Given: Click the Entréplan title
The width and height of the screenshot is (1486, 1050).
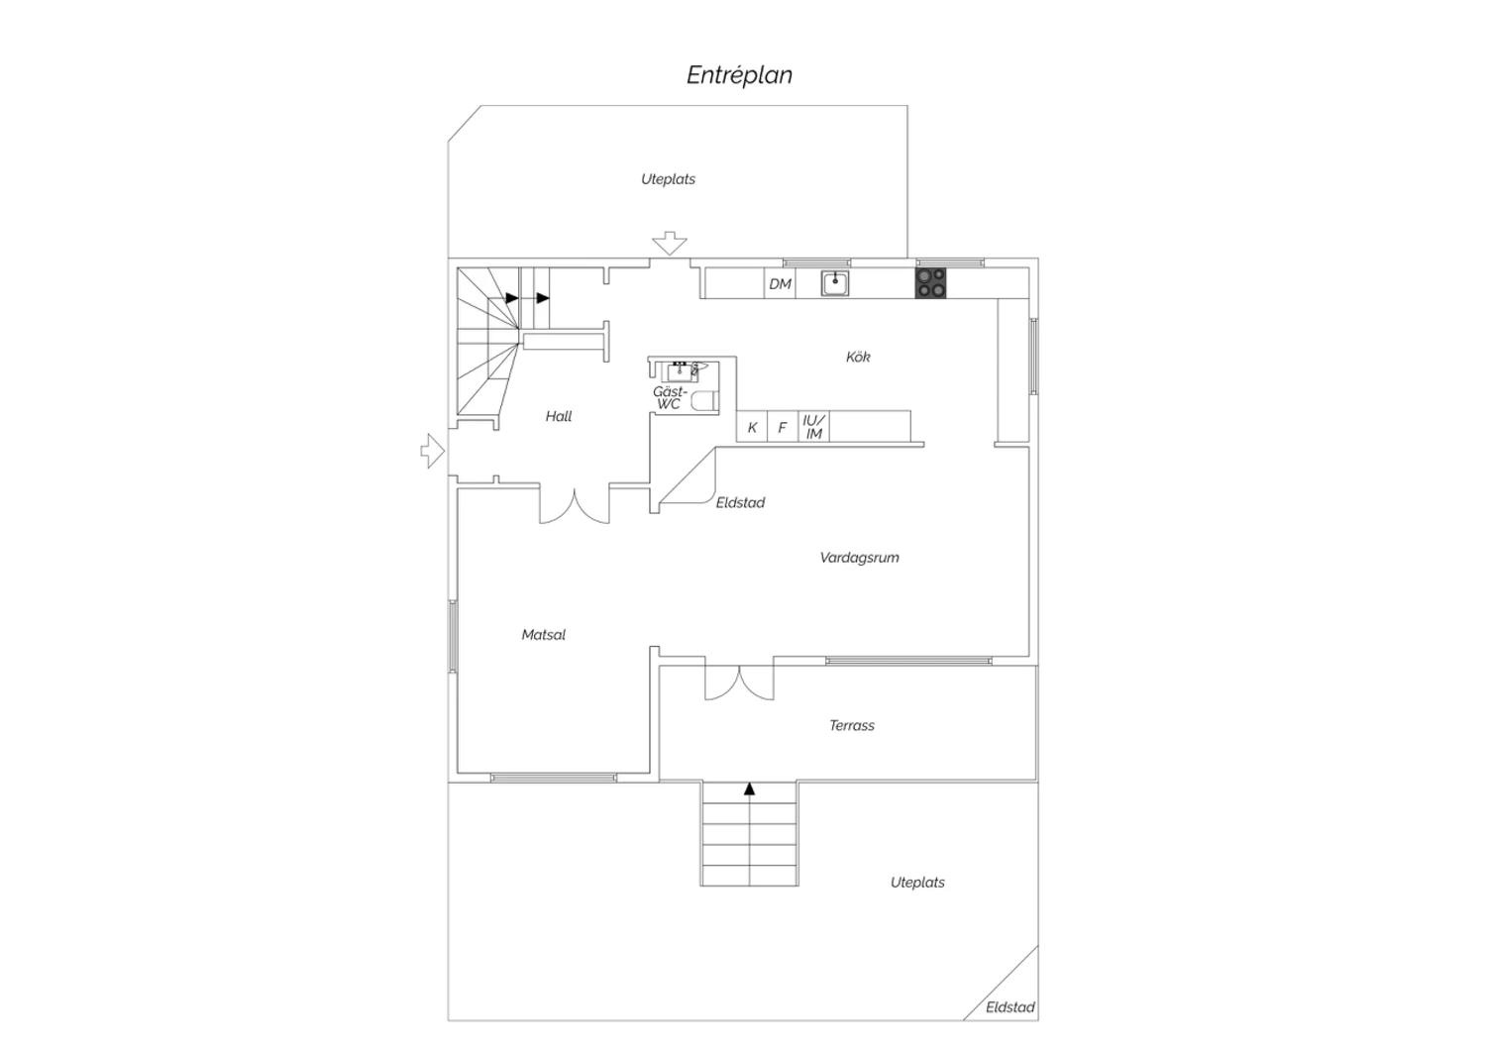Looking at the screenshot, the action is coord(739,75).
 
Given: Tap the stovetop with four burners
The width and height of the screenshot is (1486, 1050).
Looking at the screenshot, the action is coord(931,283).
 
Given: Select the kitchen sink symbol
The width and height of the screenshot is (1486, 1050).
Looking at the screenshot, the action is coord(834,283).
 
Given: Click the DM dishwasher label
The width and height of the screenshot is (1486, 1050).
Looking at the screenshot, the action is coord(781,284).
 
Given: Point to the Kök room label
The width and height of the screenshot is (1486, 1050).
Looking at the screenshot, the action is coord(858,357).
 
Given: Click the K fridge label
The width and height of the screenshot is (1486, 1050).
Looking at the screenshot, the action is coord(752,428).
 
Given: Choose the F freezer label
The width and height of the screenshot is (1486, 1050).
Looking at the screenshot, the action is coord(783,428).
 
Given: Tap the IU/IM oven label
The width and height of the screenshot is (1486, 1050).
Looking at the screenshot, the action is coord(813,427).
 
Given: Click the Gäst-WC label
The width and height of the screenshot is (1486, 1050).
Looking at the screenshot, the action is coord(670,398).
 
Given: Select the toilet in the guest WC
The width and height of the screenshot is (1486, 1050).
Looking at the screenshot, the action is coord(705,400).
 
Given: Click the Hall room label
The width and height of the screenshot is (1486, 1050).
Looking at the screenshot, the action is coord(559,417).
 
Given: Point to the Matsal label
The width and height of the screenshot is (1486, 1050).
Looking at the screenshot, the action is coord(543,635).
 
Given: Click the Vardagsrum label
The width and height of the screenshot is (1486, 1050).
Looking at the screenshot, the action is coord(859,558).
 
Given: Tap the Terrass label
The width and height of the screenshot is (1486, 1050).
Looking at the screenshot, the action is coord(852,726).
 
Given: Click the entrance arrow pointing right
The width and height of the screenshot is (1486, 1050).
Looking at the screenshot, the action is coord(433,451).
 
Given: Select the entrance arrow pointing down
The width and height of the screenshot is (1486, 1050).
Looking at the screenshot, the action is coord(670,244).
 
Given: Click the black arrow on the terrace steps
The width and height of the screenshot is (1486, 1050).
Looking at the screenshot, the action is coord(750,788).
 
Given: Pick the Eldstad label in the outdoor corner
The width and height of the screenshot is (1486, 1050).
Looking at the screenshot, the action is coord(1009,1007).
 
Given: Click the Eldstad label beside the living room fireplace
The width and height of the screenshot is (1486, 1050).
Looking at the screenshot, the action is coord(740,503).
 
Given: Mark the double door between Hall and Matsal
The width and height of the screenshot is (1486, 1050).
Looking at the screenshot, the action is coord(575,507).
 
